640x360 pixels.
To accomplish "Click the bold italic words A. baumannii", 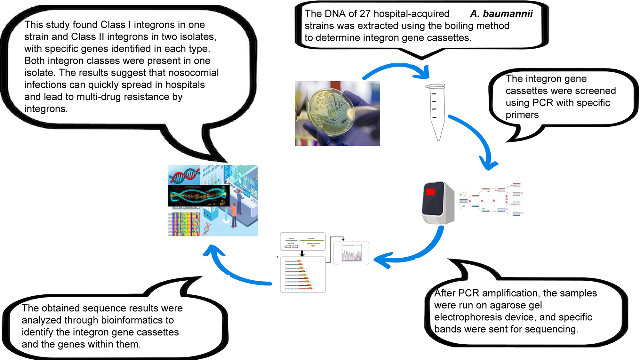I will pyautogui.click(x=501, y=14).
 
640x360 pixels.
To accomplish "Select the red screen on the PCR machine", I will pyautogui.click(x=430, y=192).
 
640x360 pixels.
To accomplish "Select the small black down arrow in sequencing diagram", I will pyautogui.click(x=302, y=254).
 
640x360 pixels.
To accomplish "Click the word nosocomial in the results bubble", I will pyautogui.click(x=193, y=73).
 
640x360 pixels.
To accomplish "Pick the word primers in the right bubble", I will pyautogui.click(x=522, y=115).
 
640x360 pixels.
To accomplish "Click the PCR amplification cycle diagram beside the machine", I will pyautogui.click(x=491, y=200).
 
